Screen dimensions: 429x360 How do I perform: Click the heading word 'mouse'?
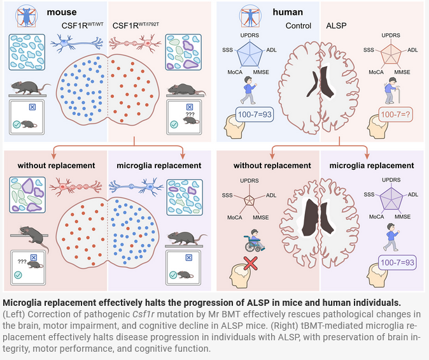[62, 12]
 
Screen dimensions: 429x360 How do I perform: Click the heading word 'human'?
[288, 12]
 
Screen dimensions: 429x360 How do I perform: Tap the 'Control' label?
[299, 25]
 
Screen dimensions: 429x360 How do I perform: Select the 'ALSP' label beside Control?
[336, 25]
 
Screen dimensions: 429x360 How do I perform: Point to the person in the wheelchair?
[255, 240]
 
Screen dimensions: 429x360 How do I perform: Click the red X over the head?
[250, 264]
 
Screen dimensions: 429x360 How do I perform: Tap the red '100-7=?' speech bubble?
[395, 114]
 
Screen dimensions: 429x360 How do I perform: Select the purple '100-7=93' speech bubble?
[397, 263]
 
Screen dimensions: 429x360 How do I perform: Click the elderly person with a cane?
[392, 90]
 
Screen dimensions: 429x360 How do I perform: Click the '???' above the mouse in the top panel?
[190, 115]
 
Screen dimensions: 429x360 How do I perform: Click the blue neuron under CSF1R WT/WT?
[77, 43]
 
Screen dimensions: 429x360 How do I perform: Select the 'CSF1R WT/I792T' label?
[136, 25]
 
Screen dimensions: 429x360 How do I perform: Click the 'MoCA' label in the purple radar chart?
[376, 217]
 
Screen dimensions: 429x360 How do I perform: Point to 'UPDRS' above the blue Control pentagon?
[250, 35]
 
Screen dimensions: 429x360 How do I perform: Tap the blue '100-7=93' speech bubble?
[255, 114]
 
